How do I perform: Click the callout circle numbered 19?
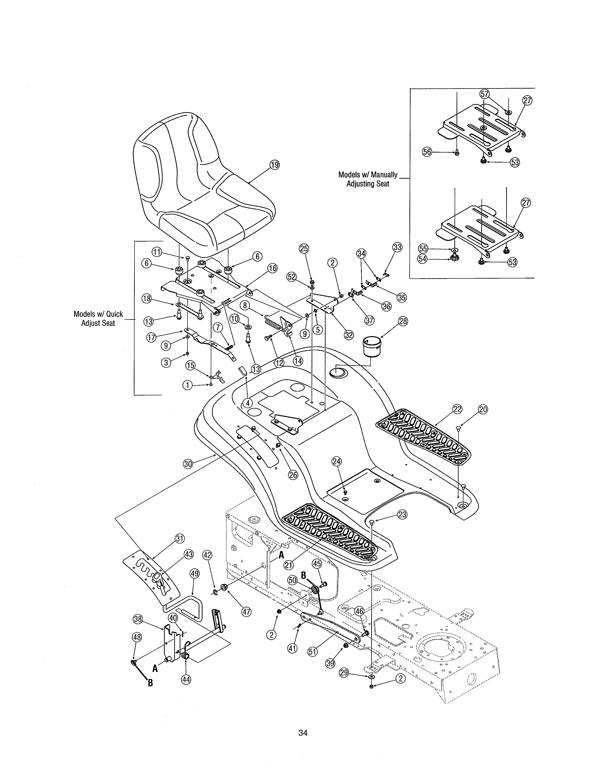275,165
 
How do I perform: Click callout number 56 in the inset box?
427,152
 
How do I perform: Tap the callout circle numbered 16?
273,268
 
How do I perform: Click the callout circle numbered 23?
402,514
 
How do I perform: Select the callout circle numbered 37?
369,320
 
